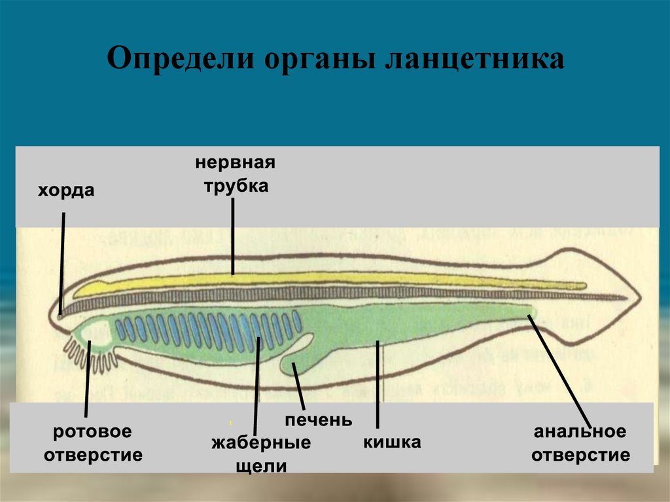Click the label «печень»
(318, 420)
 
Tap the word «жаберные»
(260, 443)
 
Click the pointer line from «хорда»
(62, 262)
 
